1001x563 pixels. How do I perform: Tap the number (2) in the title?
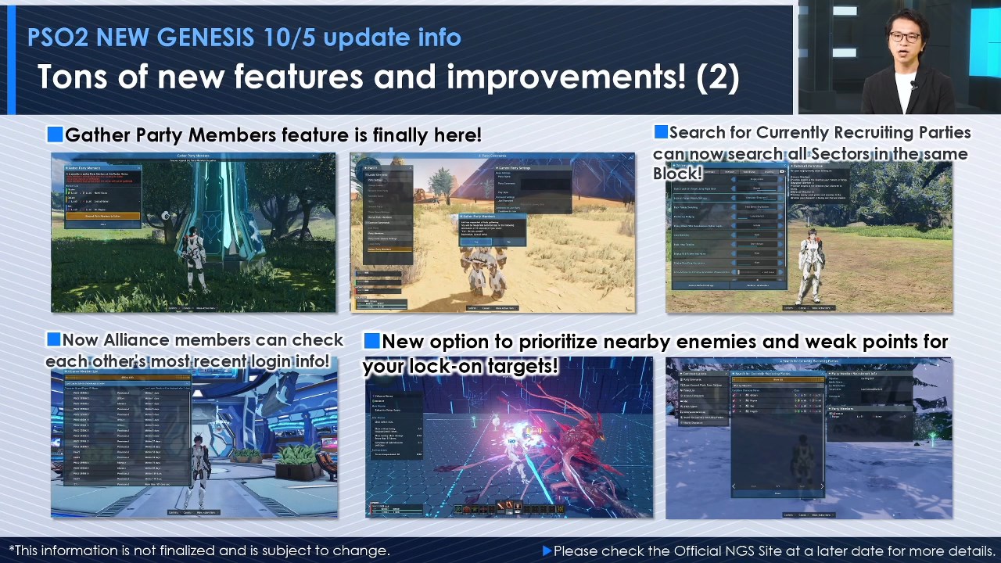coord(718,77)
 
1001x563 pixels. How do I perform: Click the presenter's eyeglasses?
coord(904,38)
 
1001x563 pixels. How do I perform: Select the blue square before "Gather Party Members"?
coord(55,134)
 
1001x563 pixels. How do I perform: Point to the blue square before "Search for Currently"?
coord(661,132)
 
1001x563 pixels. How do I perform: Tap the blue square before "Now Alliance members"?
coord(53,339)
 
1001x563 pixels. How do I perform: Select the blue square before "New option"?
coord(372,341)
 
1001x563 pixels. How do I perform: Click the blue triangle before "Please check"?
coord(547,550)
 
